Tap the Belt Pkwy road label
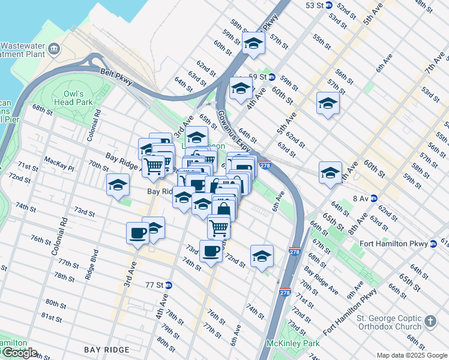click(x=116, y=77)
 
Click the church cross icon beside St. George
click(x=430, y=322)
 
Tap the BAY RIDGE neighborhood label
click(x=106, y=350)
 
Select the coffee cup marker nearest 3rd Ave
click(x=137, y=232)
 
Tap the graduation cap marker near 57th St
click(x=253, y=43)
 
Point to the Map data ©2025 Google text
click(x=411, y=355)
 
